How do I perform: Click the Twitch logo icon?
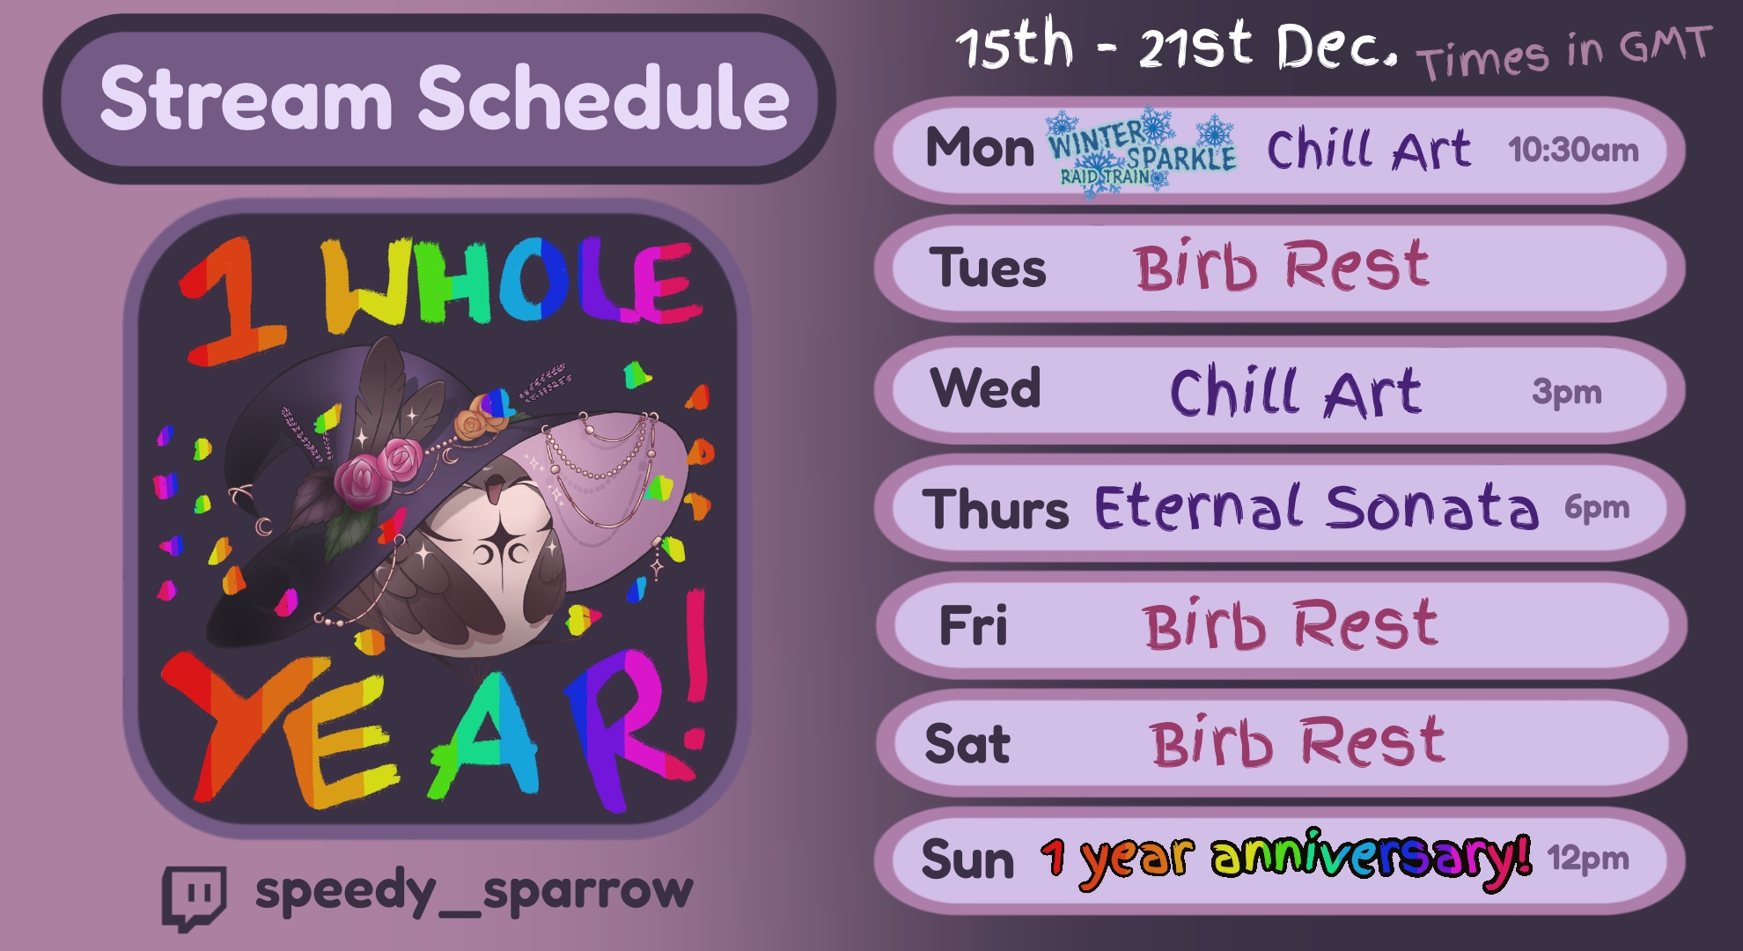coord(195,897)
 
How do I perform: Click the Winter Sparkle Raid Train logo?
coord(1142,151)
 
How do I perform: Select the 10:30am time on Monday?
coord(1573,150)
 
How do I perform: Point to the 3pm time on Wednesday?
coord(1567,392)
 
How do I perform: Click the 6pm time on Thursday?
coord(1597,507)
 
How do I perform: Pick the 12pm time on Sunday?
coord(1588,858)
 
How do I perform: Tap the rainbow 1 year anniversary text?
coord(1286,859)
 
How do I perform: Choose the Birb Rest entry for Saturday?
coord(1298,741)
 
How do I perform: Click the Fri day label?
coord(973,625)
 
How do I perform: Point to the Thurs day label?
coord(995,509)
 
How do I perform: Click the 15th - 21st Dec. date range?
coord(1177,46)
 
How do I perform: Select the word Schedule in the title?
coord(604,98)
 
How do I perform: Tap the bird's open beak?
coord(496,486)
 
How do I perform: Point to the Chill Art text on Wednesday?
coord(1295,392)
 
